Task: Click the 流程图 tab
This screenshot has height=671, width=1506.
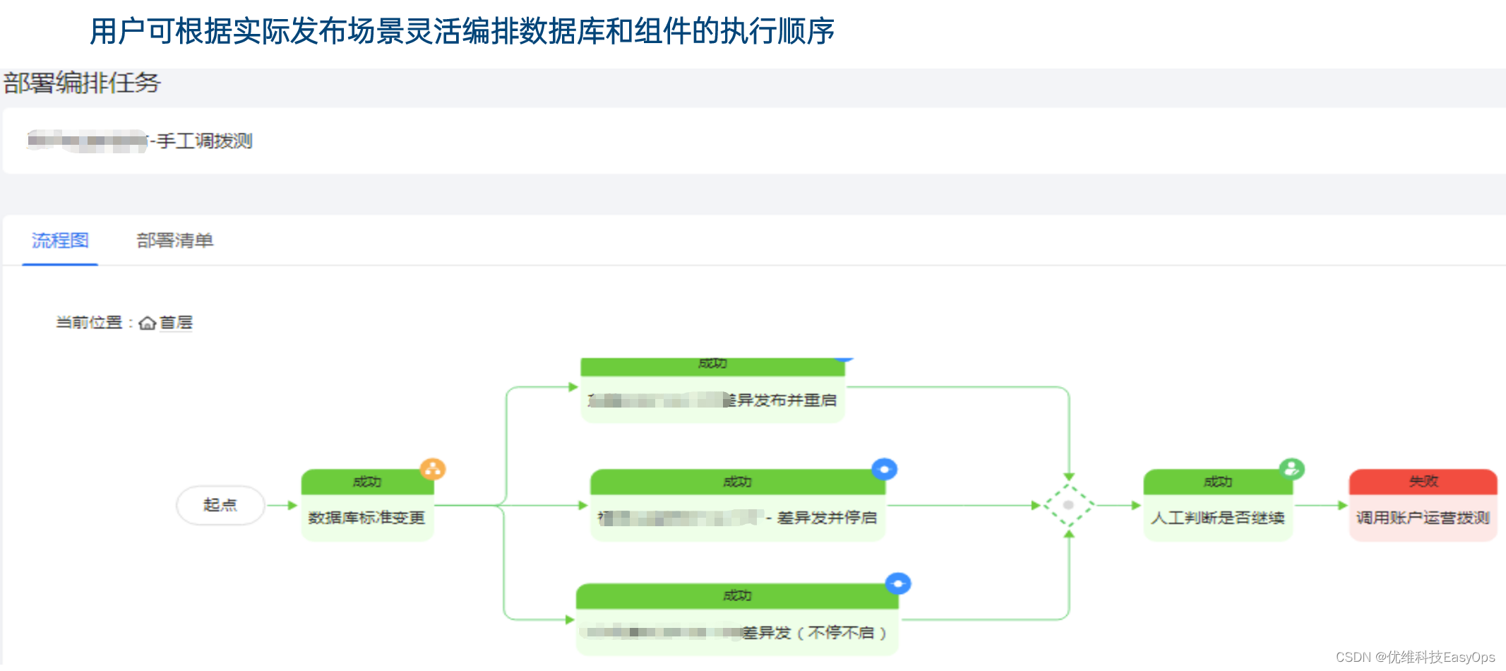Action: pyautogui.click(x=60, y=241)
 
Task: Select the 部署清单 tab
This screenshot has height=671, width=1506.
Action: pyautogui.click(x=174, y=241)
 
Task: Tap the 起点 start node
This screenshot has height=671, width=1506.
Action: pyautogui.click(x=220, y=505)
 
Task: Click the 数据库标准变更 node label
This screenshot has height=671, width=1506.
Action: pyautogui.click(x=366, y=518)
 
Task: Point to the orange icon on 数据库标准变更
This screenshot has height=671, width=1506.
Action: pyautogui.click(x=433, y=468)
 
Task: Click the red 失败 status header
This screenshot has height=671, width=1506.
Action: pyautogui.click(x=1423, y=482)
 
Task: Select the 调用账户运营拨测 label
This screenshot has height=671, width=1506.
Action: pyautogui.click(x=1423, y=518)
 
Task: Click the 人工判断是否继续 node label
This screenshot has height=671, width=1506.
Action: pyautogui.click(x=1217, y=518)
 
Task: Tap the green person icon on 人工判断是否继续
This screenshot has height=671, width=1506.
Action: pyautogui.click(x=1291, y=468)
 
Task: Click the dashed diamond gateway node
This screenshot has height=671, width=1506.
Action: pyautogui.click(x=1069, y=505)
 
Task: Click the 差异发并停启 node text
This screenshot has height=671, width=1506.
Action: pyautogui.click(x=826, y=518)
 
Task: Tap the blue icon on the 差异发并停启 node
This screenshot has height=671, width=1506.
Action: pyautogui.click(x=884, y=469)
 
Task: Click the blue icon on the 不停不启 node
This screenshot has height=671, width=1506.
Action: pyautogui.click(x=898, y=583)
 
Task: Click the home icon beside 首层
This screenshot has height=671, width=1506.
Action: pyautogui.click(x=148, y=323)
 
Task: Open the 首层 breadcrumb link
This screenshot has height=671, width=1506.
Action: pyautogui.click(x=176, y=323)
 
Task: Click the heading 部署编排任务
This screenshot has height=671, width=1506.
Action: pyautogui.click(x=82, y=83)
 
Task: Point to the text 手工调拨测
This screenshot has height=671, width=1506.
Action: pyautogui.click(x=204, y=141)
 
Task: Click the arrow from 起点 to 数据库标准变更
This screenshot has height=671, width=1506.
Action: pyautogui.click(x=282, y=505)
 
